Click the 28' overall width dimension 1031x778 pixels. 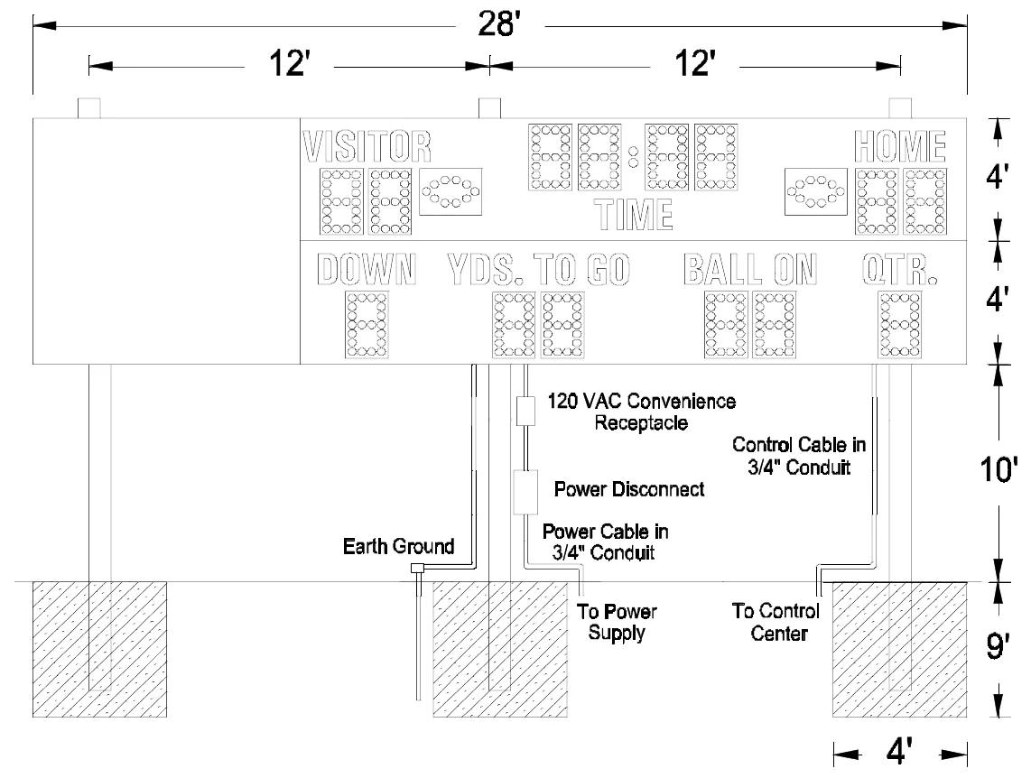pyautogui.click(x=499, y=24)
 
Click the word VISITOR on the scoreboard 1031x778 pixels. pyautogui.click(x=367, y=146)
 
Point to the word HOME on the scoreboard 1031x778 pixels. pyautogui.click(x=899, y=146)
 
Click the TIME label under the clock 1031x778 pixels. pyautogui.click(x=633, y=214)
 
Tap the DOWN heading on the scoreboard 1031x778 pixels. pyautogui.click(x=367, y=269)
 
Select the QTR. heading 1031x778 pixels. pyautogui.click(x=899, y=269)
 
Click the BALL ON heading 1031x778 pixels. pyautogui.click(x=750, y=269)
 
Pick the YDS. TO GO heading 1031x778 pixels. pyautogui.click(x=538, y=269)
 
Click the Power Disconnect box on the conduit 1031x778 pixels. pyautogui.click(x=525, y=492)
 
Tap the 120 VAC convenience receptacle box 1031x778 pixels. pyautogui.click(x=525, y=412)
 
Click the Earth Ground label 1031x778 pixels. pyautogui.click(x=398, y=546)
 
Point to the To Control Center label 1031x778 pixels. pyautogui.click(x=776, y=622)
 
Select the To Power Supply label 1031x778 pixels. pyautogui.click(x=617, y=622)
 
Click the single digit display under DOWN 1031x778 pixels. pyautogui.click(x=367, y=325)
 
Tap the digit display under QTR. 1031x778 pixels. pyautogui.click(x=899, y=325)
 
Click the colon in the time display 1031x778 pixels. pyautogui.click(x=633, y=157)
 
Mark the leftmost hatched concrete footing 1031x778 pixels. pyautogui.click(x=99, y=649)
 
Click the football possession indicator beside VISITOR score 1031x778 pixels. pyautogui.click(x=450, y=192)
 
